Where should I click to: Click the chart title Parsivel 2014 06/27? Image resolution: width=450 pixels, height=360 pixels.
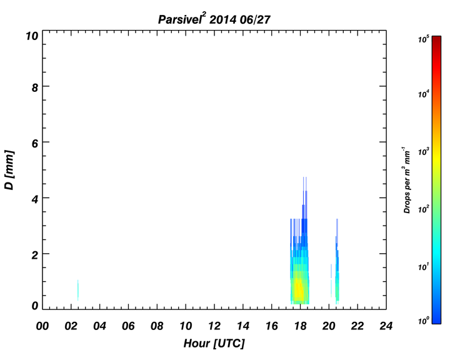point(214,19)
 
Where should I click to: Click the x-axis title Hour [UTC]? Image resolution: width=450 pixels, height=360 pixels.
point(214,343)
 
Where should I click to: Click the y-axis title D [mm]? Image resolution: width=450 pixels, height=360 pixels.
point(9,170)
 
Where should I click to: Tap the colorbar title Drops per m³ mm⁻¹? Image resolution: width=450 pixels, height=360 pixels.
point(407,180)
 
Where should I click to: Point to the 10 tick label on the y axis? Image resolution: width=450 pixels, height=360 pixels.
point(32,36)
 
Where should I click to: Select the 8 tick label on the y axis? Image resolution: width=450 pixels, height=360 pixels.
point(35,87)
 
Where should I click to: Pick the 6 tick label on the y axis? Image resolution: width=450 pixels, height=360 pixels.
point(35,144)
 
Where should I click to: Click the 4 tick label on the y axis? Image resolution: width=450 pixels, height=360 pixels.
point(35,199)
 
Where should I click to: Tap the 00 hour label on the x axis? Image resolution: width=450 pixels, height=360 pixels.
point(42,326)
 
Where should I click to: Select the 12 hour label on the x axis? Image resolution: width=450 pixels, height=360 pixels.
point(214,326)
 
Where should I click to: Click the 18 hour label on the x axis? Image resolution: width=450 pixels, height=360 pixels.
point(300,326)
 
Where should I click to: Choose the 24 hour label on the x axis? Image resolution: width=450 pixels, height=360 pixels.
point(386,326)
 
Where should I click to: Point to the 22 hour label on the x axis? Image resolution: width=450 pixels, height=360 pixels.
point(357,326)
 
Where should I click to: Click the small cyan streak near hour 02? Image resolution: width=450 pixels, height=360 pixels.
point(77,290)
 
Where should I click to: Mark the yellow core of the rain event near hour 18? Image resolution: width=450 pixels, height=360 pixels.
point(299,290)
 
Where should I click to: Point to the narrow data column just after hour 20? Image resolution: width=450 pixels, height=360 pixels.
point(331,281)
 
